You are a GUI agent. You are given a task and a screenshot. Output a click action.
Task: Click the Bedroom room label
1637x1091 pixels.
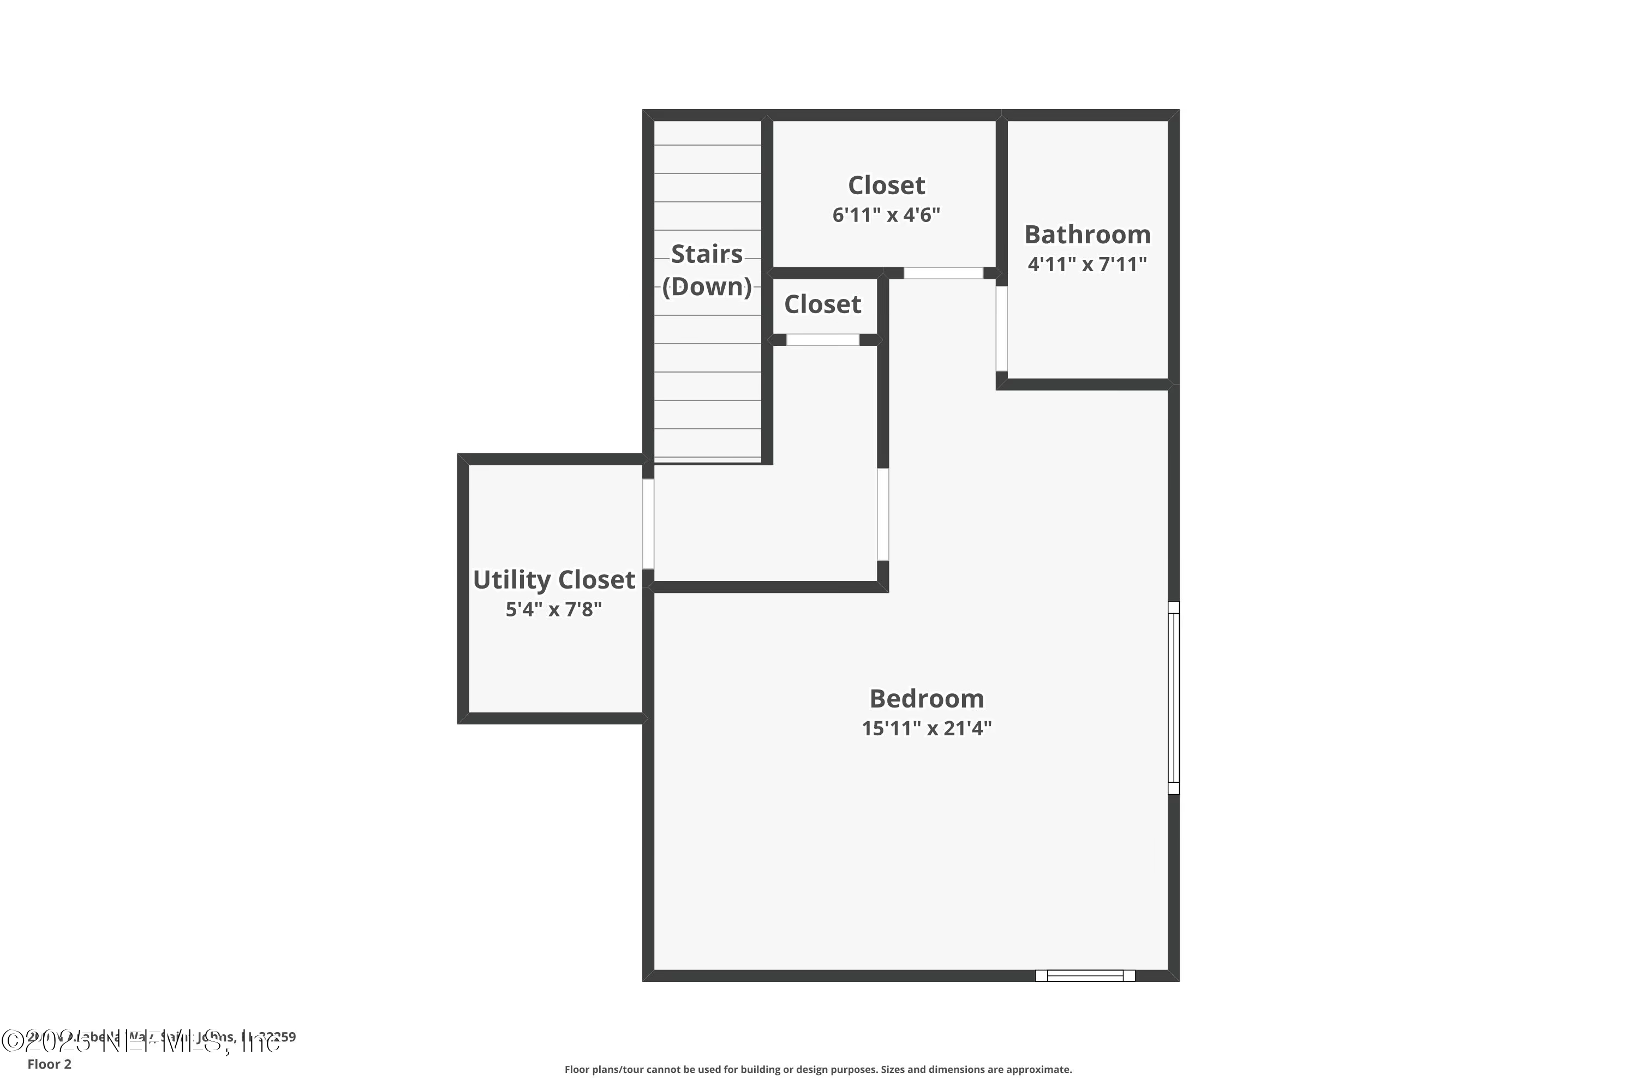(927, 699)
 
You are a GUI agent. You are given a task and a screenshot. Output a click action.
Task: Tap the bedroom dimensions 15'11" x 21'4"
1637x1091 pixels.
(927, 728)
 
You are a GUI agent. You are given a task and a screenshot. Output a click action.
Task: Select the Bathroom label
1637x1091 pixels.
(1087, 235)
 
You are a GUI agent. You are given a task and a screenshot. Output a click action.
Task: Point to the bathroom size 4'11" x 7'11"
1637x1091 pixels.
(1087, 265)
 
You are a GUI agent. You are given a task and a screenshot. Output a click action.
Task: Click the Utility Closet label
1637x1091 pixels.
(554, 579)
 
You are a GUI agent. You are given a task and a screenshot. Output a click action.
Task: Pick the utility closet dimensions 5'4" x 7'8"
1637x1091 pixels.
(554, 609)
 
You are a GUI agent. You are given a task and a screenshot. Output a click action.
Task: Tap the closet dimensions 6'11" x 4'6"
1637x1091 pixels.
(886, 215)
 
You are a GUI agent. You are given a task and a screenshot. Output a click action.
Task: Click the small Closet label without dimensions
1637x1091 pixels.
(823, 304)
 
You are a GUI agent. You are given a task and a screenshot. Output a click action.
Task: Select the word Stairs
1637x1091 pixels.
(707, 254)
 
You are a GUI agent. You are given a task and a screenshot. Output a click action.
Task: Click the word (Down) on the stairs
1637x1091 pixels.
(707, 287)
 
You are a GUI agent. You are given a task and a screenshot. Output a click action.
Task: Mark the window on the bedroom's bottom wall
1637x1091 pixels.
(1085, 975)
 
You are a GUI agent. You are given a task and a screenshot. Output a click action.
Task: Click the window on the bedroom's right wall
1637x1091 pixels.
(1174, 697)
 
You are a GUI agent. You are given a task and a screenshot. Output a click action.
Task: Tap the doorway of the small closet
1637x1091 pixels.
(823, 339)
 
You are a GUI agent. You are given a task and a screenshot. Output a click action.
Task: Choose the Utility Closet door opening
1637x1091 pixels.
(648, 523)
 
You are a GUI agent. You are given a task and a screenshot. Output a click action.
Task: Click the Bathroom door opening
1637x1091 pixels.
(1001, 328)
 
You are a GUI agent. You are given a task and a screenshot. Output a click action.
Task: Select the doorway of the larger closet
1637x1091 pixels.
(943, 273)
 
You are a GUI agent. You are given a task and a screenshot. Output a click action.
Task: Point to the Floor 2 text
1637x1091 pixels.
(50, 1064)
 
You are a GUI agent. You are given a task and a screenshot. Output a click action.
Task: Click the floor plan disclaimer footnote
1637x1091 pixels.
(818, 1069)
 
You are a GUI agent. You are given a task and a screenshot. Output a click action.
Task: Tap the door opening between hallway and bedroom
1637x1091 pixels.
(882, 514)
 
